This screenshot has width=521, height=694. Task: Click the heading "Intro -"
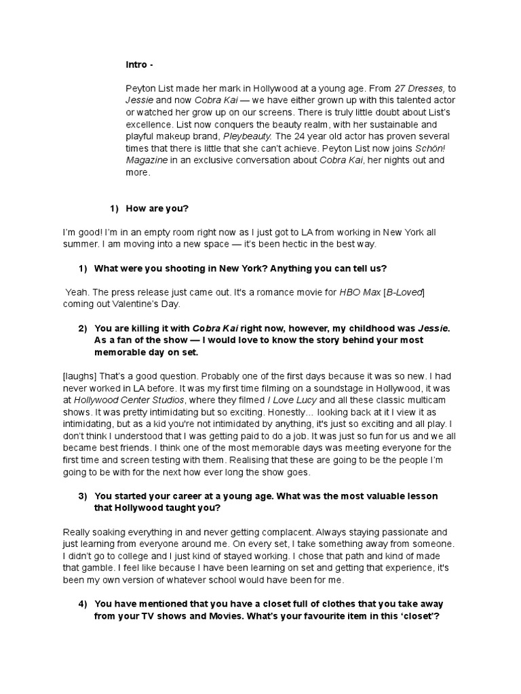[140, 65]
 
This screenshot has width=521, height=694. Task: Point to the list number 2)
[83, 329]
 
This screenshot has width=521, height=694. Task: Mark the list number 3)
[83, 496]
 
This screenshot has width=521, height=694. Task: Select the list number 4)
[83, 604]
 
